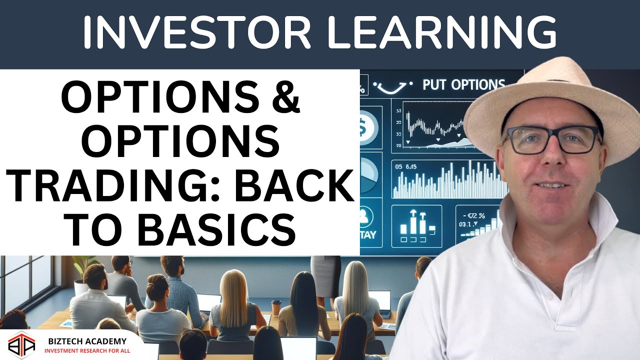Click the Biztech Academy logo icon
[21, 345]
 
